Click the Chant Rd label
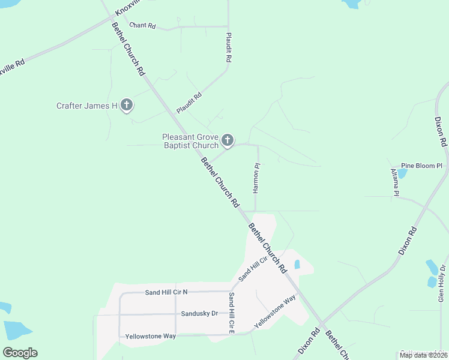click(142, 26)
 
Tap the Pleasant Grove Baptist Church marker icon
click(227, 140)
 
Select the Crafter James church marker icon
click(126, 106)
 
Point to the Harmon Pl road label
click(256, 178)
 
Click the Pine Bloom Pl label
click(421, 165)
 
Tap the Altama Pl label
click(395, 182)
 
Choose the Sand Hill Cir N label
click(166, 292)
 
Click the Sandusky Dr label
click(199, 314)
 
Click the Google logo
click(20, 352)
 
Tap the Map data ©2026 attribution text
click(423, 355)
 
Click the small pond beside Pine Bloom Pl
click(402, 173)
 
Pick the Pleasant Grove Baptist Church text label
click(190, 141)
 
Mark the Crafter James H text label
click(87, 106)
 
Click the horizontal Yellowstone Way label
click(151, 336)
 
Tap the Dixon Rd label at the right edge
click(442, 132)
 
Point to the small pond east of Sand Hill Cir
click(297, 264)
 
